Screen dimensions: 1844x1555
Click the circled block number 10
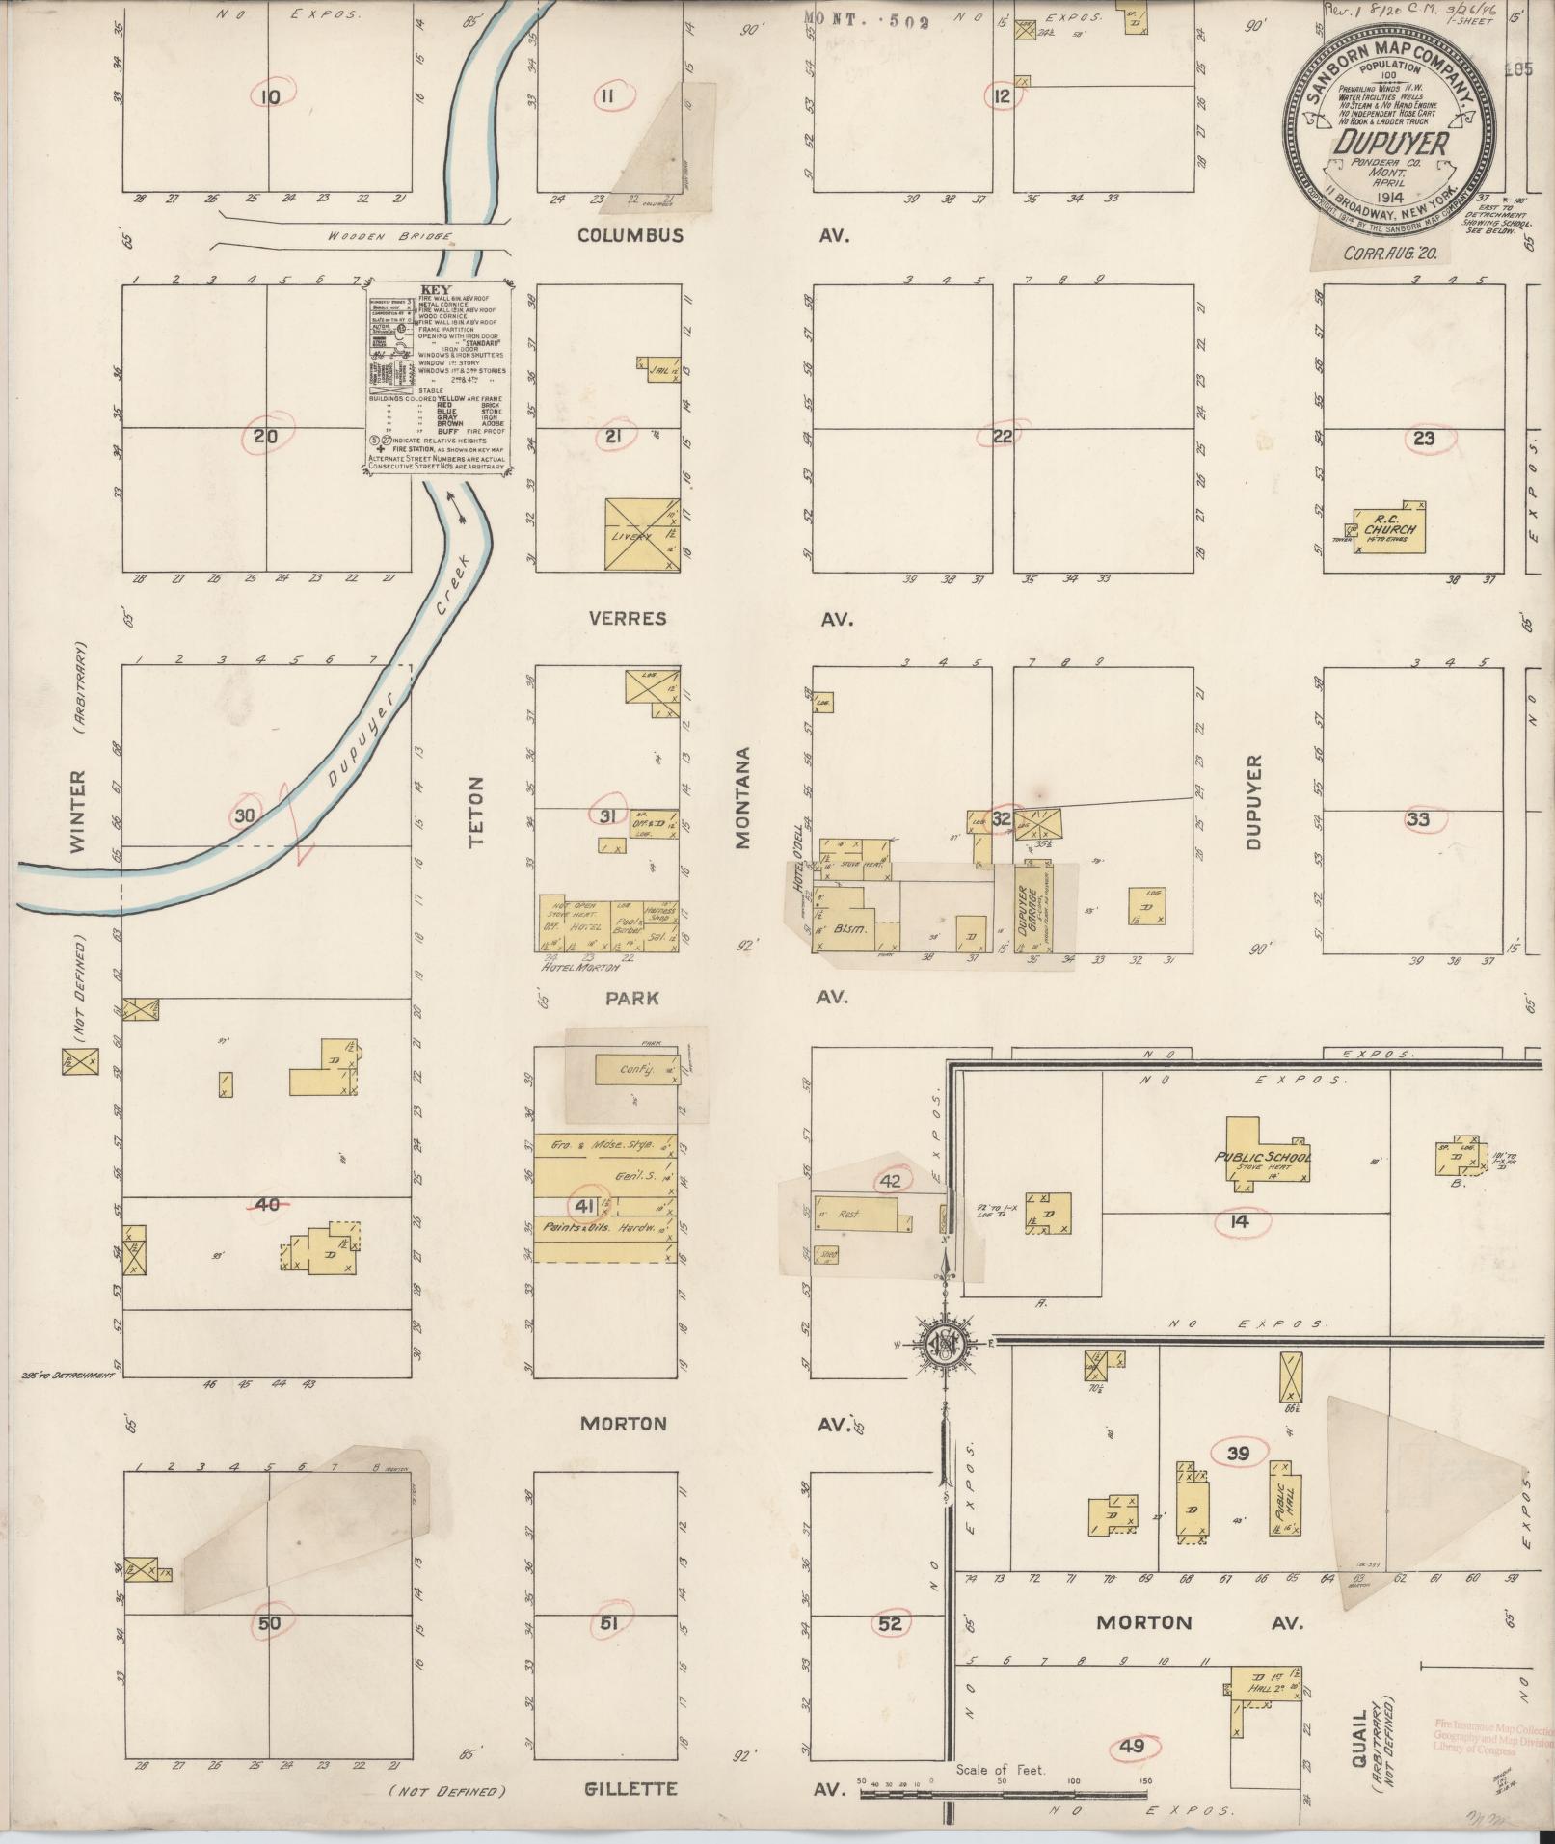pyautogui.click(x=270, y=96)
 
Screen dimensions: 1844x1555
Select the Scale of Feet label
pyautogui.click(x=1001, y=1770)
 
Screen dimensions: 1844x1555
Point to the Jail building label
pyautogui.click(x=660, y=369)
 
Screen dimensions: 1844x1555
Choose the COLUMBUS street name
pyautogui.click(x=630, y=235)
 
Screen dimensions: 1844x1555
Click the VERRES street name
pyautogui.click(x=628, y=618)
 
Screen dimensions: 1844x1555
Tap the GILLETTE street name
pyautogui.click(x=630, y=1789)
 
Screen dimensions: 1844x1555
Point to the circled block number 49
pyautogui.click(x=1134, y=1746)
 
